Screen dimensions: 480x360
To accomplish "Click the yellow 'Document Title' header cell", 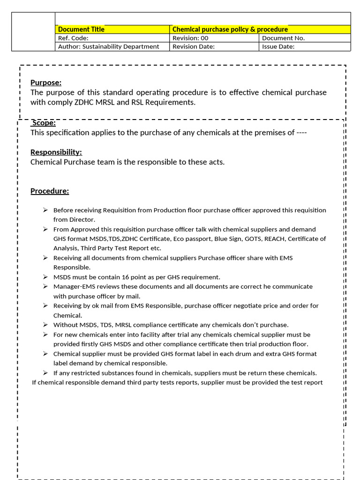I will pos(81,30).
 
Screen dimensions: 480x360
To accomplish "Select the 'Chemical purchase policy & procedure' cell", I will pos(230,30).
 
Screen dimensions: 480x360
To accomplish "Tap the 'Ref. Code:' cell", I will pos(73,38).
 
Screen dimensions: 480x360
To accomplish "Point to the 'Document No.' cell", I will pos(283,38).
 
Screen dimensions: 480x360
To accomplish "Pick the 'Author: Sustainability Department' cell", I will pos(108,46).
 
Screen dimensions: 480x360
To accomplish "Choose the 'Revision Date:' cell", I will pos(194,46).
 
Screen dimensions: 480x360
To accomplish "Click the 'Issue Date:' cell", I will pos(278,46).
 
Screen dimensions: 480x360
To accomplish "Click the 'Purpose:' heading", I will pos(46,82).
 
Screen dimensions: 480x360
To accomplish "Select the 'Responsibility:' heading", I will pos(56,152).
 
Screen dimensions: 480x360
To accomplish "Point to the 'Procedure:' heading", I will pos(50,191).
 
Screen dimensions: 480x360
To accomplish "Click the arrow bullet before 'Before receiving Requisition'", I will pos(45,210).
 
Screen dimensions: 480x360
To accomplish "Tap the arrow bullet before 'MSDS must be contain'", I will pos(45,277).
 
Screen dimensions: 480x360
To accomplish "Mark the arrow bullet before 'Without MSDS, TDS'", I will pos(45,325).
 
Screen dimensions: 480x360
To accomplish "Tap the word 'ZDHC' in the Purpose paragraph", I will pos(84,102).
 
